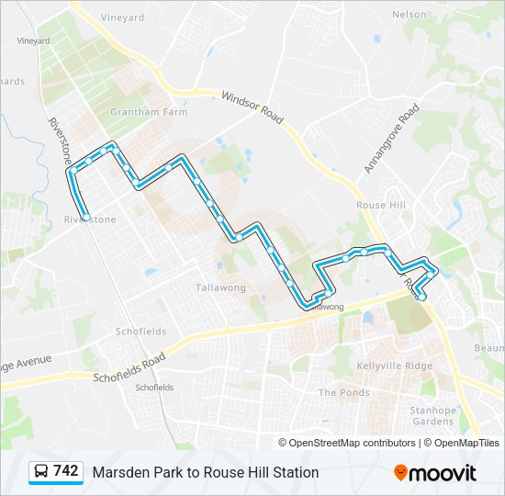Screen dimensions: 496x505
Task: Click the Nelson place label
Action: (x=409, y=15)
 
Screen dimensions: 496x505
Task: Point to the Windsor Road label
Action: (x=252, y=108)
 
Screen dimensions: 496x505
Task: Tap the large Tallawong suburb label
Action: (x=220, y=287)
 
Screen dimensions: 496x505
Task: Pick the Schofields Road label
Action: (x=129, y=368)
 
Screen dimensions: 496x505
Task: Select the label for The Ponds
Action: (x=343, y=392)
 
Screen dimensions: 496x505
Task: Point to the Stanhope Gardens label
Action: (x=432, y=415)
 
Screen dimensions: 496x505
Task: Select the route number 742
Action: (x=65, y=471)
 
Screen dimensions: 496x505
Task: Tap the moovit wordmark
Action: (x=443, y=472)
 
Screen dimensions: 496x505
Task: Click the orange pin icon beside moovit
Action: (x=400, y=472)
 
